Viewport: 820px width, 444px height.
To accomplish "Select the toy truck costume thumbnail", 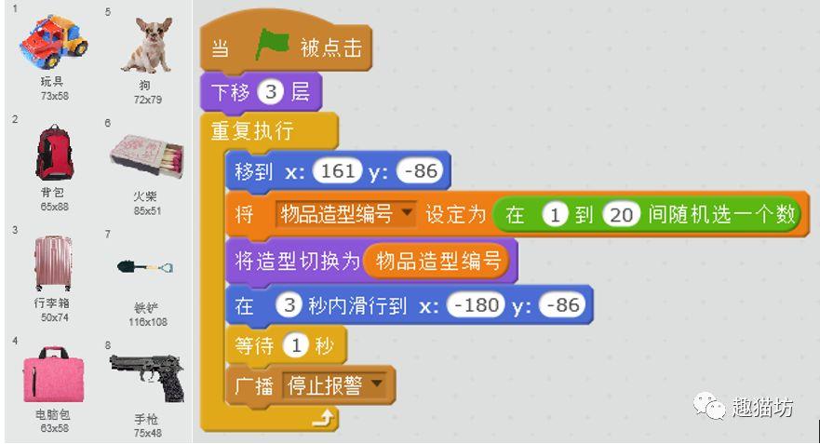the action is [x=53, y=41].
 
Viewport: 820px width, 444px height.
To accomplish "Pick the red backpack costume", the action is [x=54, y=153].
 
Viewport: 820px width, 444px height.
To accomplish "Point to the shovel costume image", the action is [x=145, y=267].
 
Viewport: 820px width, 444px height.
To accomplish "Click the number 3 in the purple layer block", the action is [x=270, y=92].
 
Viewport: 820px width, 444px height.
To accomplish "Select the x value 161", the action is [x=337, y=171].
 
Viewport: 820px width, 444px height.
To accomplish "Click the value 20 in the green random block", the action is [x=621, y=214].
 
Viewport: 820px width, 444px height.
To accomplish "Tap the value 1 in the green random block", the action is [x=556, y=214].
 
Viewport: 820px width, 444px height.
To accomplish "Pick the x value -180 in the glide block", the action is [x=477, y=305].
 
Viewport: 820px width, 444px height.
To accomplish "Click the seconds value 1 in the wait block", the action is [x=296, y=345].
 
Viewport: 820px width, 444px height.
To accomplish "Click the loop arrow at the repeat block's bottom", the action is [x=324, y=418].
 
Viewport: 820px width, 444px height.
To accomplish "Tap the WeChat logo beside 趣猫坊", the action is [x=709, y=406].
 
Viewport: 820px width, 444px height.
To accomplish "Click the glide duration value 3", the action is [x=289, y=305].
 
